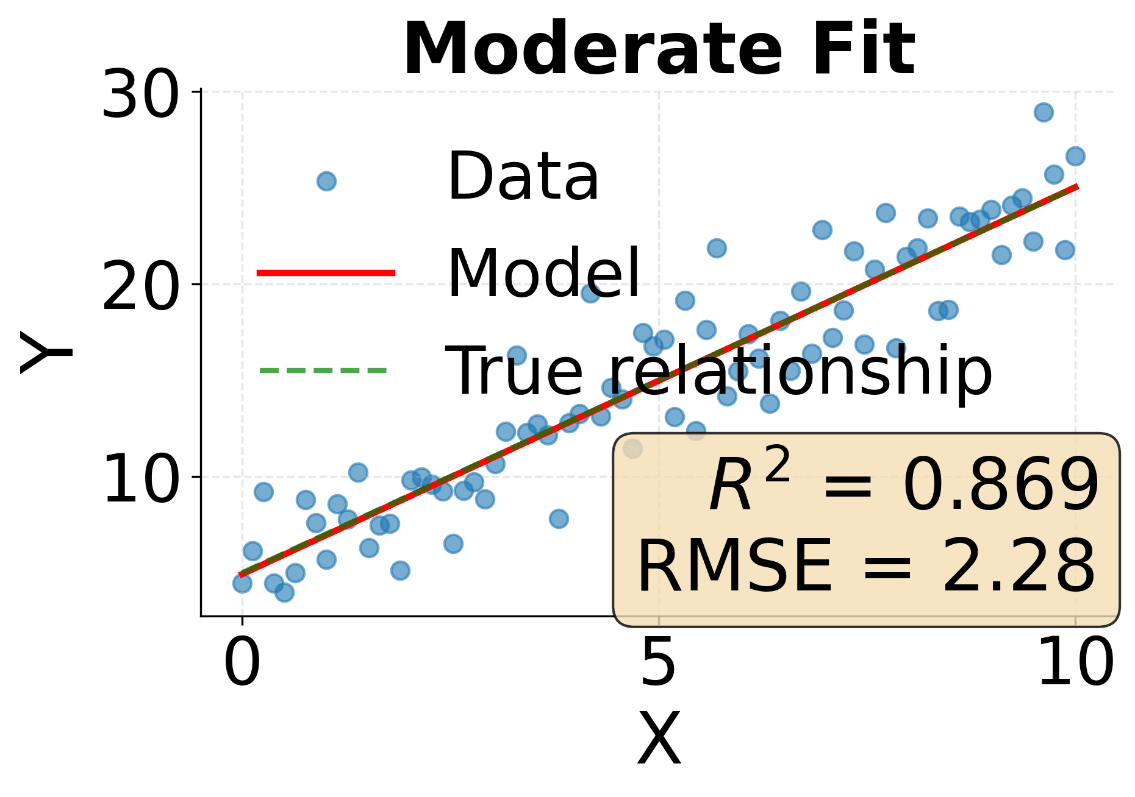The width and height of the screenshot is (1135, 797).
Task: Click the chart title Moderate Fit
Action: click(x=659, y=49)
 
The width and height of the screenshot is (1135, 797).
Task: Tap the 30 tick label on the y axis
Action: click(x=141, y=94)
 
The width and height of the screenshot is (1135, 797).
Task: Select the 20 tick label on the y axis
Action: click(x=141, y=286)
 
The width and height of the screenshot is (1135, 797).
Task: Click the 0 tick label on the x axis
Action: click(x=242, y=662)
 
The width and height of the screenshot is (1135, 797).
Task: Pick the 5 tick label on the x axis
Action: click(x=659, y=662)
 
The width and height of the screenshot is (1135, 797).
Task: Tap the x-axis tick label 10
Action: click(x=1075, y=662)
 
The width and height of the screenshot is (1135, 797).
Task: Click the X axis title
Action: click(x=659, y=739)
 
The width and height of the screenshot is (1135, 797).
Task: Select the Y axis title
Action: click(x=46, y=353)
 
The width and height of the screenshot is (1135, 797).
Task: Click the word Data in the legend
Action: click(x=523, y=177)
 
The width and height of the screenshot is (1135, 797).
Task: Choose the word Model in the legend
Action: click(x=543, y=274)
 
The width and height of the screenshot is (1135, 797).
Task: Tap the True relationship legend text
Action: click(x=719, y=371)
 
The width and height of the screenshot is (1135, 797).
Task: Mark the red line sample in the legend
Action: click(x=326, y=272)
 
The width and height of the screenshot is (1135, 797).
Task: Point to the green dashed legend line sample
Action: click(x=323, y=370)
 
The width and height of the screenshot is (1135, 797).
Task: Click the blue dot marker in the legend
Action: click(x=326, y=181)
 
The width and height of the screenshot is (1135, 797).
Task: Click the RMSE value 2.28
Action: click(x=1019, y=567)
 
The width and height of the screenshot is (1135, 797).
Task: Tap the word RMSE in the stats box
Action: click(x=734, y=567)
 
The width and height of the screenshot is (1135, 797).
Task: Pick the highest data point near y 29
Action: click(x=1044, y=112)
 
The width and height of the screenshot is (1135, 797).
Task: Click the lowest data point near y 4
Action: click(x=284, y=592)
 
